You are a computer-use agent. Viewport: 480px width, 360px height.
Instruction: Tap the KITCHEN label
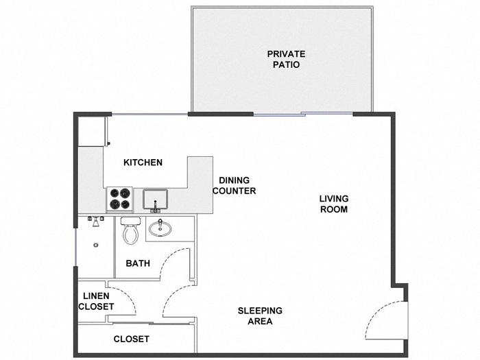pyautogui.click(x=143, y=163)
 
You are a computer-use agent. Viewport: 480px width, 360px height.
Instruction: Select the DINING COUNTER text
pyautogui.click(x=234, y=186)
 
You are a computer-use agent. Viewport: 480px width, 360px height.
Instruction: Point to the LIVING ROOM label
pyautogui.click(x=334, y=204)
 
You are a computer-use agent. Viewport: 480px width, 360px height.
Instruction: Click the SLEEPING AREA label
pyautogui.click(x=260, y=315)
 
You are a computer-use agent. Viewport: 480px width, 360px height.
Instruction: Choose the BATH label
pyautogui.click(x=138, y=263)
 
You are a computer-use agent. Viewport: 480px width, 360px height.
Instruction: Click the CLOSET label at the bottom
pyautogui.click(x=131, y=339)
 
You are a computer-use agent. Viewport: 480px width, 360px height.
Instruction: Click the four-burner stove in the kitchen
pyautogui.click(x=119, y=199)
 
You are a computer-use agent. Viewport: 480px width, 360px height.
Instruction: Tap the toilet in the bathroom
pyautogui.click(x=130, y=232)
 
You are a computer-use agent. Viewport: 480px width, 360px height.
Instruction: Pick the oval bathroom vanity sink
pyautogui.click(x=162, y=227)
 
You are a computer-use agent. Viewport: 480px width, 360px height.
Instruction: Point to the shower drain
pyautogui.click(x=97, y=244)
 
